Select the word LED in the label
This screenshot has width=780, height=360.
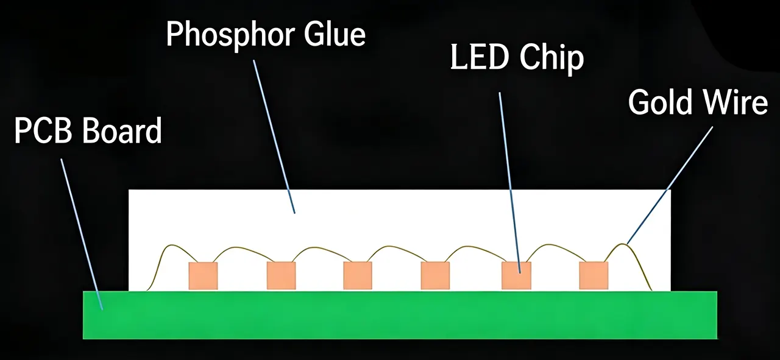(x=478, y=57)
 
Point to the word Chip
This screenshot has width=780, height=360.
(x=551, y=58)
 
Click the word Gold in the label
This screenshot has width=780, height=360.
(x=660, y=101)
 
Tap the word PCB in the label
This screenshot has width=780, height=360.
(x=43, y=130)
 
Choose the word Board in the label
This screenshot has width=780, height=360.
(x=122, y=130)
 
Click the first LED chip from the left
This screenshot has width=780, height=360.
(x=203, y=276)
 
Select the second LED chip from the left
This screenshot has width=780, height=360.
(x=281, y=276)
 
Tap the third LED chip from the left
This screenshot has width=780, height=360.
(x=358, y=276)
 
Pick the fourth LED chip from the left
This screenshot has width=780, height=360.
(x=435, y=276)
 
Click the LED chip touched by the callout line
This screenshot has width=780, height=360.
(x=516, y=276)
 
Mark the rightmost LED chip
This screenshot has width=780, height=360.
(x=594, y=276)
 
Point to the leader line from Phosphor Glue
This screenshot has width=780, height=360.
(x=274, y=136)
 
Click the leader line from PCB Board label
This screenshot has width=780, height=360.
(x=82, y=235)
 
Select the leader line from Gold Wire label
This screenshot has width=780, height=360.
(x=670, y=185)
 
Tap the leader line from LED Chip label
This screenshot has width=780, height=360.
(x=510, y=183)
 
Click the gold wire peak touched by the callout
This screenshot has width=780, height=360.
(x=623, y=244)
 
